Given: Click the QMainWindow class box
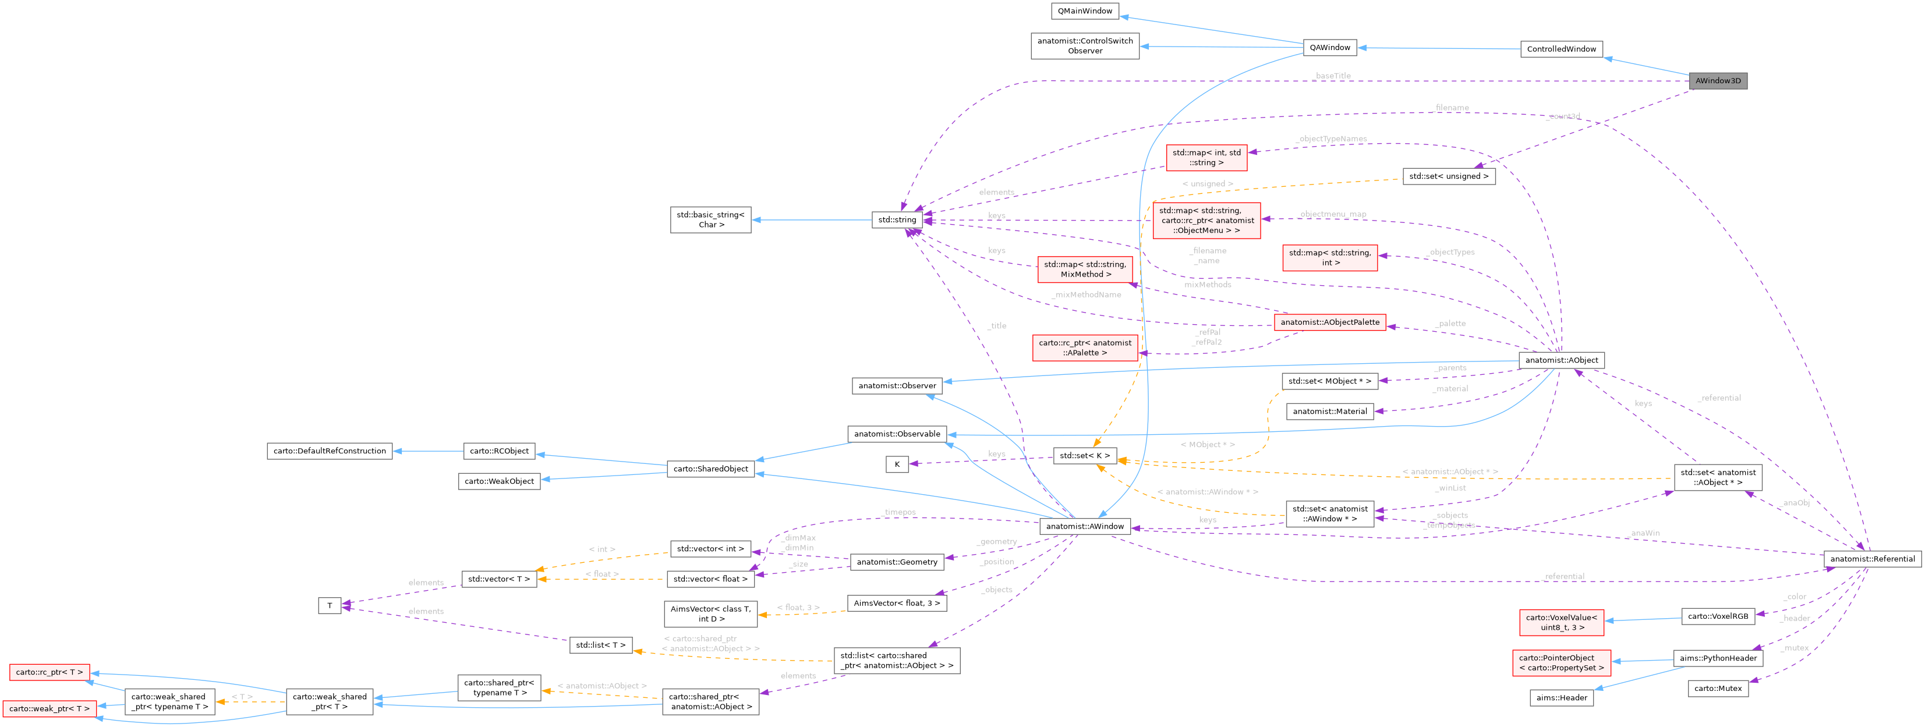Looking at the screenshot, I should click(1084, 11).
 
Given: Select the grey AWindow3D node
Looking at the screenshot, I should click(1717, 81).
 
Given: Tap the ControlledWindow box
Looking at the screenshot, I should click(1561, 49).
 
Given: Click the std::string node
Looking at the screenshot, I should click(897, 219).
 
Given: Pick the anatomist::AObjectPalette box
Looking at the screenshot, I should click(1329, 322).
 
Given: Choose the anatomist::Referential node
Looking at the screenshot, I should click(1872, 559).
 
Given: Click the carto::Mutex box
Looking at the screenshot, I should click(1717, 688).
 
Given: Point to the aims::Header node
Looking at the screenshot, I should click(1561, 698).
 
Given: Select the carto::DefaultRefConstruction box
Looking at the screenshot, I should click(330, 451).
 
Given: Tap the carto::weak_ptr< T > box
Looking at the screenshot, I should click(49, 708).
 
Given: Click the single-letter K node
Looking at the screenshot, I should click(897, 464).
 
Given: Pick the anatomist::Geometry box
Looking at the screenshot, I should click(897, 562).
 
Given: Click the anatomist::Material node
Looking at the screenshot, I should click(1329, 412).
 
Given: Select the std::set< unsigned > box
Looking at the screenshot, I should click(1448, 176).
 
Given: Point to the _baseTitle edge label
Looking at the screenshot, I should click(1332, 76).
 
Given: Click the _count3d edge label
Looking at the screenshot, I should click(1564, 116).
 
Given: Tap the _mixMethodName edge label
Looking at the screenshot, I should click(1086, 295).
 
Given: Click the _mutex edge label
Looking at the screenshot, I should click(1794, 648).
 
